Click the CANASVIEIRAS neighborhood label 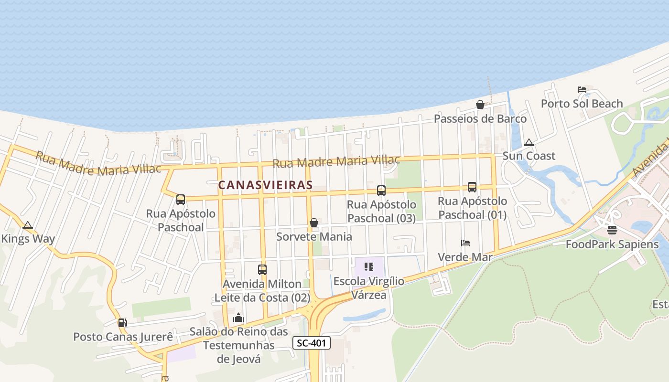coord(265,185)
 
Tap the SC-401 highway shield coord(311,343)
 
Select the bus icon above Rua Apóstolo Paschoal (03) coord(381,191)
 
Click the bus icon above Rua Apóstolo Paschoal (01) coord(472,187)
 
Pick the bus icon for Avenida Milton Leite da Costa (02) coord(262,270)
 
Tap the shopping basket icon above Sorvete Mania coord(314,223)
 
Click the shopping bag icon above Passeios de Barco coord(480,105)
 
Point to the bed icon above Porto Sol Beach coord(582,90)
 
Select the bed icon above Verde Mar coord(465,243)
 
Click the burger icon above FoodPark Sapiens coord(612,230)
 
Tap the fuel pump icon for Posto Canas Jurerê coord(123,323)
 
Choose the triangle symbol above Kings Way coord(28,225)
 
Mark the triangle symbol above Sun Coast coord(529,142)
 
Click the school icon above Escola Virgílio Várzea coord(369,267)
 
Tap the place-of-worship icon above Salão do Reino coord(238,318)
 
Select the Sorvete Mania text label coord(314,236)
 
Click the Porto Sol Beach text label coord(582,104)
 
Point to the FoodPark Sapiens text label coord(612,244)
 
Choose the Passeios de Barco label coord(480,118)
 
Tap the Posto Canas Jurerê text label coord(123,337)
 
